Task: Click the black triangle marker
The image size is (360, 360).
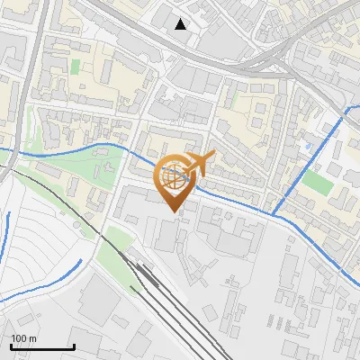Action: pyautogui.click(x=181, y=24)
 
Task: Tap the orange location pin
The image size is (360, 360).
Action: pyautogui.click(x=178, y=181)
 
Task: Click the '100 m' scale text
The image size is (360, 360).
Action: pyautogui.click(x=24, y=338)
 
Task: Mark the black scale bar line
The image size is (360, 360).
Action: pyautogui.click(x=42, y=347)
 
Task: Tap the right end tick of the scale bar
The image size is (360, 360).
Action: pyautogui.click(x=74, y=346)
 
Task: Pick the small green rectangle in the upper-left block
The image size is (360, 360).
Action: pyautogui.click(x=76, y=66)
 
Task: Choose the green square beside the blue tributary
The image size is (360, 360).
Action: pyautogui.click(x=317, y=183)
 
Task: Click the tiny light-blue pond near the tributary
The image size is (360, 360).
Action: pyautogui.click(x=307, y=144)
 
